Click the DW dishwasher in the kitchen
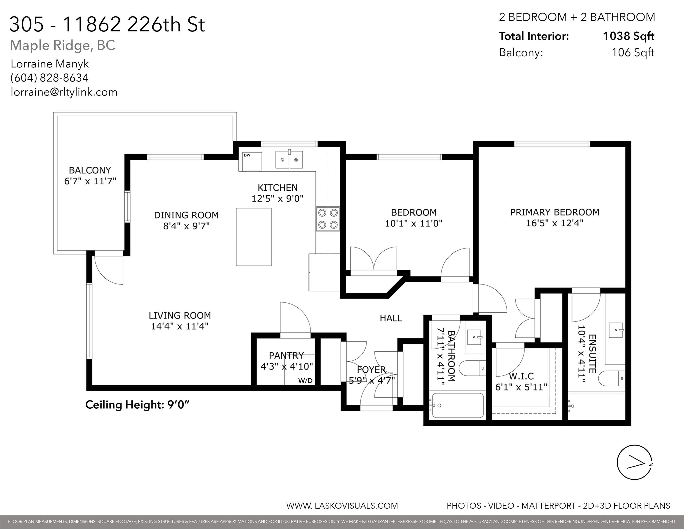coord(252,162)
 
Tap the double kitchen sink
coord(289,160)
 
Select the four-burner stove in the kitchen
coord(328,219)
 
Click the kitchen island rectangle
coord(254,237)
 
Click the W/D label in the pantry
coord(305,380)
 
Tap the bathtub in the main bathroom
coord(458,405)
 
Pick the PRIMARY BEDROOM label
coord(555,212)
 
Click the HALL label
coord(391,318)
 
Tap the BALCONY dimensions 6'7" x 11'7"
coord(90,181)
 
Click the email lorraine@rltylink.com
coord(64,92)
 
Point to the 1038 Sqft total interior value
coord(628,36)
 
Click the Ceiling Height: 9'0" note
coord(137,405)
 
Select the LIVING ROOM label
coord(180,315)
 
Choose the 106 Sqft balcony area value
coord(633,52)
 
